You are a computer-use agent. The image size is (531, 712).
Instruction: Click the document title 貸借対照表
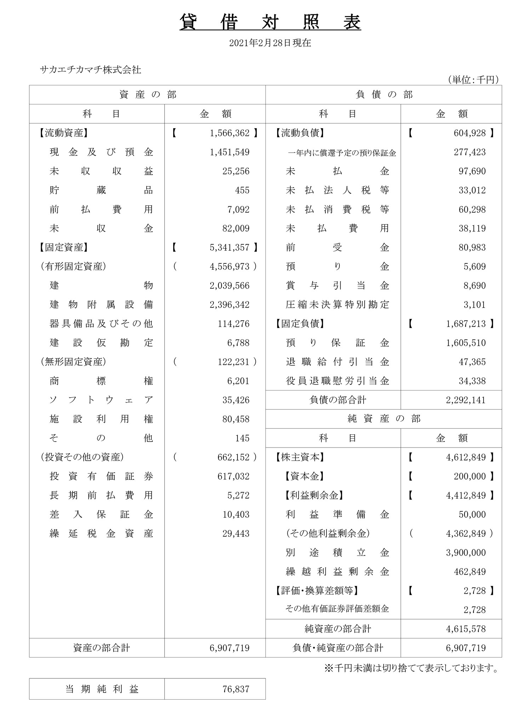tap(270, 22)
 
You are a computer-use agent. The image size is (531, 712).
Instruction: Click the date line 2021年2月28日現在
tap(270, 43)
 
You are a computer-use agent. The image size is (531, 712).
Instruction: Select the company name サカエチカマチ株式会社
tap(91, 70)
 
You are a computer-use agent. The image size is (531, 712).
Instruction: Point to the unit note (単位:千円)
tap(473, 80)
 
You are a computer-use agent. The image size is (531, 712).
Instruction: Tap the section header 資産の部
tap(147, 95)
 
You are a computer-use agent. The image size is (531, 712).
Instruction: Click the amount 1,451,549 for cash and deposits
tap(229, 152)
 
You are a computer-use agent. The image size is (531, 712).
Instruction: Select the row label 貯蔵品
tap(101, 190)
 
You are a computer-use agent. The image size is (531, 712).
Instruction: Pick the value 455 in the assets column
tap(242, 190)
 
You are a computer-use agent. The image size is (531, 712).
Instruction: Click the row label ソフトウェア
tap(101, 400)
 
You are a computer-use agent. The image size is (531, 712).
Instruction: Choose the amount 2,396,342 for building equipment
tap(229, 305)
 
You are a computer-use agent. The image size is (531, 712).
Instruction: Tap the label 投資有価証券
tap(101, 477)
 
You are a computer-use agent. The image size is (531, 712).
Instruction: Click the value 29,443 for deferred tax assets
tap(236, 534)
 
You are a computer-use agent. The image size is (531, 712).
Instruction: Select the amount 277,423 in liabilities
tap(469, 152)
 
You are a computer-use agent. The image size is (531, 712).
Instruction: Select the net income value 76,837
tap(236, 689)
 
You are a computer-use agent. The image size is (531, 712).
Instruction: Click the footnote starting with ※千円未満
tap(411, 668)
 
